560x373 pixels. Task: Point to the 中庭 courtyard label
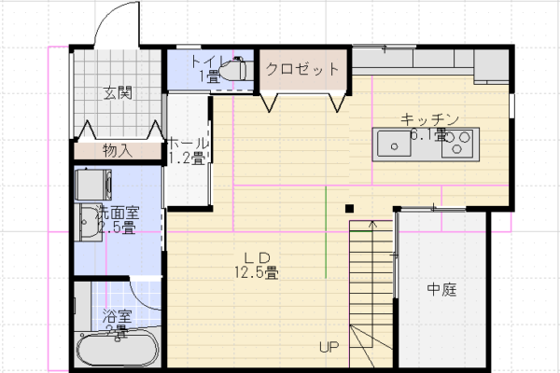(x=441, y=289)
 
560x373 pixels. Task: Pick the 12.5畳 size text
(x=257, y=272)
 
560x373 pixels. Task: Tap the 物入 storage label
(x=118, y=149)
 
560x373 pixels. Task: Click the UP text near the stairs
(x=328, y=348)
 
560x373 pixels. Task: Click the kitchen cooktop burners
(x=457, y=144)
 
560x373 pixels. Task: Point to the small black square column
(x=349, y=208)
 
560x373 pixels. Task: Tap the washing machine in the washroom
(x=93, y=180)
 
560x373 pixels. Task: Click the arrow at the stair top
(x=372, y=224)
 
